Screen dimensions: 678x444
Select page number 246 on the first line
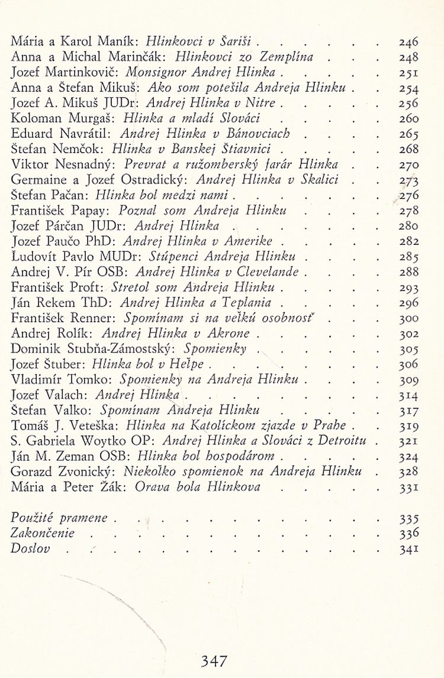coord(408,42)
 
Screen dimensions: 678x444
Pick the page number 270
coord(408,164)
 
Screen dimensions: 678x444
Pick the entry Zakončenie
coord(43,533)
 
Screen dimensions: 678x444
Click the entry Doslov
coord(30,548)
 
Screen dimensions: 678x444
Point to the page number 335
coord(408,518)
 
